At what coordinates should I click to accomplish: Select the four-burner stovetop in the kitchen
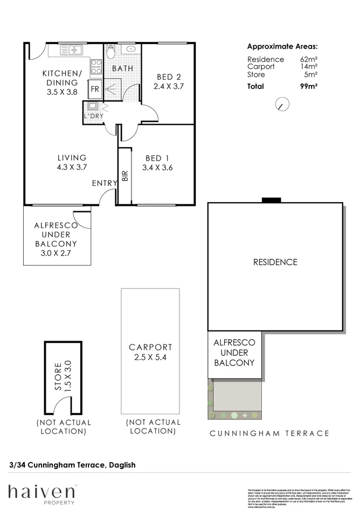click(x=96, y=67)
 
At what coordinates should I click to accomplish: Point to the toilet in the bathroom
click(x=111, y=52)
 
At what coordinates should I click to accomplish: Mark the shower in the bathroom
click(x=113, y=87)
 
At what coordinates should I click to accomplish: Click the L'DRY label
click(x=93, y=116)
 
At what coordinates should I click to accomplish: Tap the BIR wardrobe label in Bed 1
click(x=125, y=176)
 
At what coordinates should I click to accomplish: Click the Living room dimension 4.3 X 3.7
click(x=72, y=167)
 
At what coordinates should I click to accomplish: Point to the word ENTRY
click(x=104, y=183)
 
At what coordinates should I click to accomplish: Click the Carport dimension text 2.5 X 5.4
click(x=150, y=357)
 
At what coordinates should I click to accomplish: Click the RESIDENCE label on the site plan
click(x=275, y=263)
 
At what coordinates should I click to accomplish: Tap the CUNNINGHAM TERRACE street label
click(x=269, y=433)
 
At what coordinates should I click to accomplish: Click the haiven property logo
click(x=41, y=493)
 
